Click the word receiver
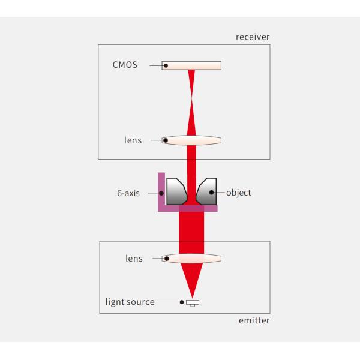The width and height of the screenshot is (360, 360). (253, 37)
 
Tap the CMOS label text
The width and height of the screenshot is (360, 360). (125, 65)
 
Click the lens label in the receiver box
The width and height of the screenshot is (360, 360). (133, 140)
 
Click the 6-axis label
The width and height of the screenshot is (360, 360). (128, 193)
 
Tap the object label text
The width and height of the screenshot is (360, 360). (239, 193)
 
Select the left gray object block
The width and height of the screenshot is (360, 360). (176, 191)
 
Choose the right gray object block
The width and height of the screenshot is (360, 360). (207, 191)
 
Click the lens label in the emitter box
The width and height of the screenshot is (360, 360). (133, 259)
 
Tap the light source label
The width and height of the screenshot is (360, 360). (128, 302)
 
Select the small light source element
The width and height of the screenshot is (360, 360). (192, 302)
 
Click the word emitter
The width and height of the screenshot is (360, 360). (254, 320)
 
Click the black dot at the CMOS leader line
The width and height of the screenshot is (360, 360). (166, 65)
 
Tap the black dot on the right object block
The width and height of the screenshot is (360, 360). (212, 193)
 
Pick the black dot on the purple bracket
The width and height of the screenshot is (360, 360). (161, 193)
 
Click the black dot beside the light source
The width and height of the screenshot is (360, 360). (181, 302)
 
